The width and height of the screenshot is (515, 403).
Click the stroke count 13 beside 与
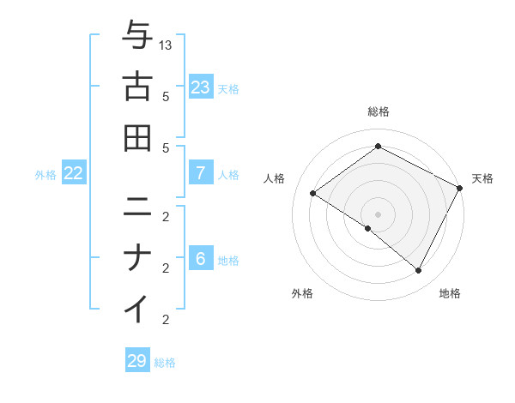coord(167,45)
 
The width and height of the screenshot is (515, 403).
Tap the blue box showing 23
coord(201,87)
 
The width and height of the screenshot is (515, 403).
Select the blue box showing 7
coord(201,173)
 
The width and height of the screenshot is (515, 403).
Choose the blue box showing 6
coord(201,259)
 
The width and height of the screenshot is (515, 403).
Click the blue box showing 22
coord(74,173)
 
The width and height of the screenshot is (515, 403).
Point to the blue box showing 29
coord(137,361)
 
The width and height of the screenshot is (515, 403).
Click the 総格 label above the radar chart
coord(378,111)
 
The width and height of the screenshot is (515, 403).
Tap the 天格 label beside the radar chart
coord(482,178)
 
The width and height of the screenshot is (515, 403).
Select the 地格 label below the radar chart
coord(450,293)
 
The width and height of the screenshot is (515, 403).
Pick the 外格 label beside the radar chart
coord(302,293)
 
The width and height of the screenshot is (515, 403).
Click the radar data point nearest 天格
coord(460,188)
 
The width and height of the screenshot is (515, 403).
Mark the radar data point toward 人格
coord(312,194)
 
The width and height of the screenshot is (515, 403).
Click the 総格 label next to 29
coord(165,363)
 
